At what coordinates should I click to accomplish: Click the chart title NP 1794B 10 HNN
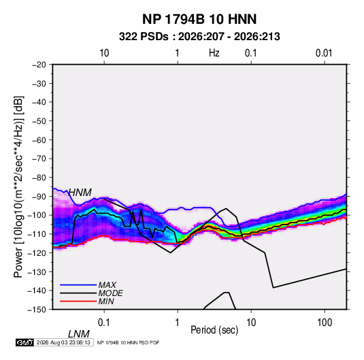(x=199, y=19)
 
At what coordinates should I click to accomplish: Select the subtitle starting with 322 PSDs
(x=199, y=37)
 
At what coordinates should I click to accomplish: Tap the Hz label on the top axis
(x=214, y=53)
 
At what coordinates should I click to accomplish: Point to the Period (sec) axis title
(x=214, y=330)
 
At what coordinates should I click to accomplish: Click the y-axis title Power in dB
(x=18, y=186)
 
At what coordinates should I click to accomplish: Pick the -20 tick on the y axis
(x=39, y=65)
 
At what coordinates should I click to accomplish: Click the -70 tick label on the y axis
(x=39, y=159)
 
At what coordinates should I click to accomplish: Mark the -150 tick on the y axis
(x=37, y=310)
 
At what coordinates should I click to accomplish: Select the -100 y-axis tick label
(x=37, y=215)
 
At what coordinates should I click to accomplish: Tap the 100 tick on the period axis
(x=325, y=323)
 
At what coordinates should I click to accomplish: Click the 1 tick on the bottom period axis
(x=178, y=323)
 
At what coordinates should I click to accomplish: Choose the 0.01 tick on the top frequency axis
(x=324, y=53)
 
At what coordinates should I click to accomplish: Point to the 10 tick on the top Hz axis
(x=104, y=53)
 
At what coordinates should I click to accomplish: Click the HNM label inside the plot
(x=80, y=193)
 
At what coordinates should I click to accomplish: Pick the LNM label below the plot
(x=78, y=334)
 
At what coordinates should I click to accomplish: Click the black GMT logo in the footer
(x=24, y=342)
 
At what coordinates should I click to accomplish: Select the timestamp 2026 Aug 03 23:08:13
(x=63, y=342)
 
